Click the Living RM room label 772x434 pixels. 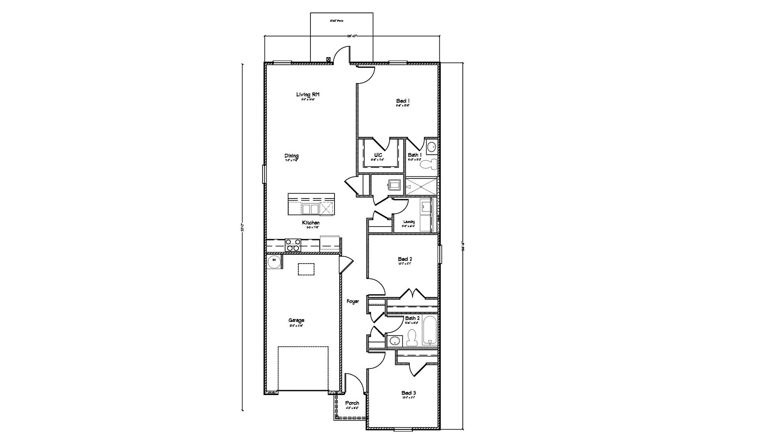coord(308,95)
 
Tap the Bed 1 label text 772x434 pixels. coord(403,101)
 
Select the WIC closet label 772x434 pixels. coord(378,155)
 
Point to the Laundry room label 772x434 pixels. coord(409,222)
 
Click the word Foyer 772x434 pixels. coord(353,301)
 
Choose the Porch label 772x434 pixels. coord(352,403)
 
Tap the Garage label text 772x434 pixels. coord(296,320)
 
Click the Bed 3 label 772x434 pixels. coord(409,393)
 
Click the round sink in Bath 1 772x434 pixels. coord(431,147)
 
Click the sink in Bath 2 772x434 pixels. coord(395,341)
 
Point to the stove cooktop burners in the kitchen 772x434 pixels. coord(293,245)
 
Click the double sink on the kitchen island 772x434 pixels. coord(310,209)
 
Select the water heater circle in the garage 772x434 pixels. coord(274,260)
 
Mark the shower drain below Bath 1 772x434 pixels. coord(420,187)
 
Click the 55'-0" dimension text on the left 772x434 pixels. coord(242,227)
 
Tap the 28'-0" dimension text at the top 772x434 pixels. coord(352,36)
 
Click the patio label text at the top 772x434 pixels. coord(337,20)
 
